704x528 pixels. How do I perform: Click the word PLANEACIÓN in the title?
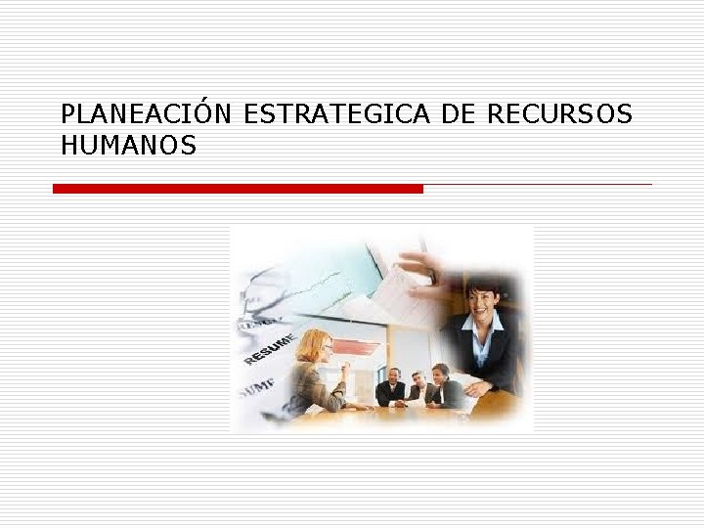[x=146, y=114]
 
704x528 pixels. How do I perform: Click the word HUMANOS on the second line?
[x=128, y=147]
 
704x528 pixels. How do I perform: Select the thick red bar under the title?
[x=238, y=188]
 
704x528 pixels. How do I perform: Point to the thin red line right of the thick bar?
[x=538, y=184]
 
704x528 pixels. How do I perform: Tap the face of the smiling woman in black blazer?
[x=482, y=300]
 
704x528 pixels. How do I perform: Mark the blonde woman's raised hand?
[x=344, y=370]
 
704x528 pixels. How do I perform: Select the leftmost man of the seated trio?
[x=391, y=388]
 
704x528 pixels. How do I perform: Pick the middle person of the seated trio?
[x=418, y=387]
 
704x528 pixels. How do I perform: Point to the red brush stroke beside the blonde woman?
[x=356, y=346]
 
